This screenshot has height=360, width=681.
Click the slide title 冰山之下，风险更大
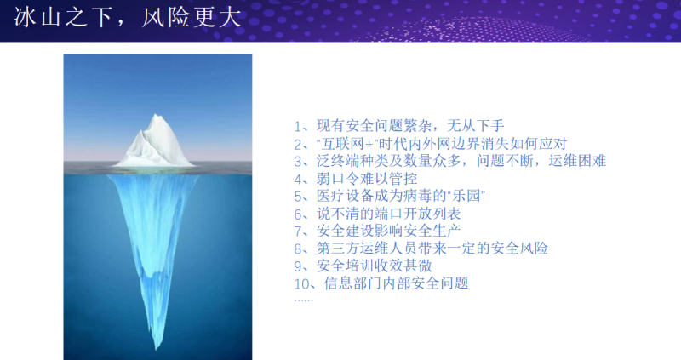click(x=127, y=18)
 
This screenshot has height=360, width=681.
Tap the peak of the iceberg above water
click(x=156, y=115)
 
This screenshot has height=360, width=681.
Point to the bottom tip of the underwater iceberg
click(x=157, y=349)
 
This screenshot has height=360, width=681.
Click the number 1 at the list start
click(x=297, y=126)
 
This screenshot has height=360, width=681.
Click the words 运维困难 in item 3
click(x=577, y=161)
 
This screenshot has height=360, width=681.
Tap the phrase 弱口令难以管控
click(x=367, y=179)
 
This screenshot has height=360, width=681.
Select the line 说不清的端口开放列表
click(x=389, y=214)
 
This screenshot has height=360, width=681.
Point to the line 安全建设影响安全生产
click(x=389, y=231)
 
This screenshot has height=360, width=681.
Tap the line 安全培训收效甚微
click(x=375, y=266)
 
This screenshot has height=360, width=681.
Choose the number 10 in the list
click(x=301, y=284)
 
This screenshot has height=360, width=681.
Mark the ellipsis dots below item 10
click(x=303, y=300)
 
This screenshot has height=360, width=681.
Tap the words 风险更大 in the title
click(x=192, y=18)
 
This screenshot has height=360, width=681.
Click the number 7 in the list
click(x=298, y=231)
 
